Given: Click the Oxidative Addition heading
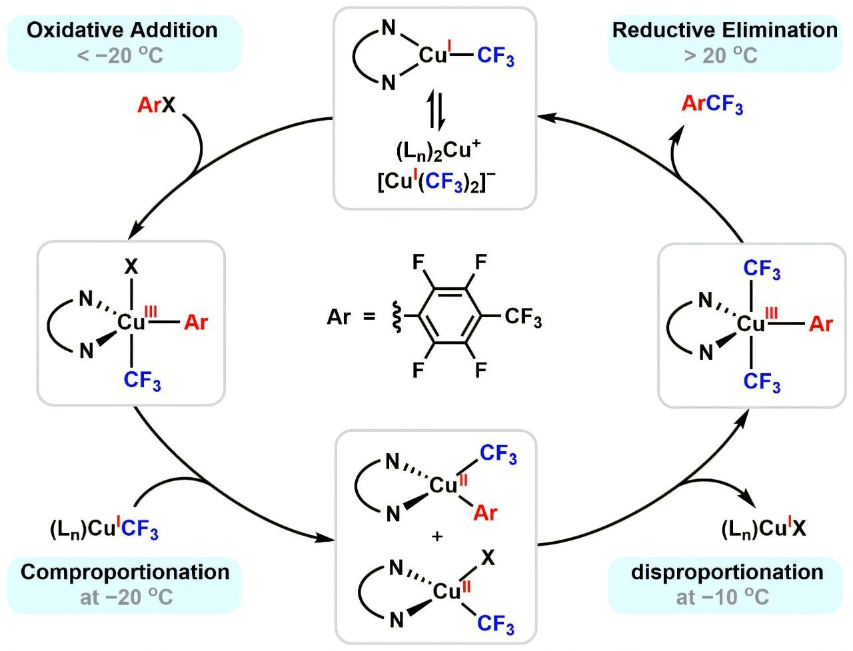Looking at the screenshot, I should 123,30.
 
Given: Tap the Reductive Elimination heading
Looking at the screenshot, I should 724,30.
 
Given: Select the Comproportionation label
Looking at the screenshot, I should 125,572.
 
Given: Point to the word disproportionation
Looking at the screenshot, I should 727,572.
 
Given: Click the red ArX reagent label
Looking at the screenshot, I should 156,105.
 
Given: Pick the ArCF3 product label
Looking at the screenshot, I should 712,105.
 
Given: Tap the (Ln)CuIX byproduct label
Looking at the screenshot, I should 764,529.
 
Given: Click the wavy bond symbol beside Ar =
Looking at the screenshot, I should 394,316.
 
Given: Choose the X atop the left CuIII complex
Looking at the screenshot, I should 132,268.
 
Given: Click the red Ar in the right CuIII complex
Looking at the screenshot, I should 820,325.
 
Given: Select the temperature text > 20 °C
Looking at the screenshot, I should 720,55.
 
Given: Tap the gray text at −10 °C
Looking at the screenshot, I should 722,597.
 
